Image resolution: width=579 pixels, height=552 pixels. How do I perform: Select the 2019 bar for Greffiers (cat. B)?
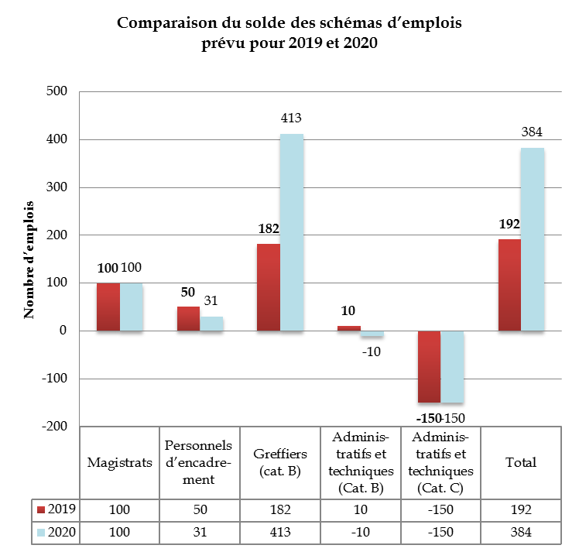pyautogui.click(x=269, y=287)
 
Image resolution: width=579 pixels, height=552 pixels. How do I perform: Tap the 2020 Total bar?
pyautogui.click(x=533, y=239)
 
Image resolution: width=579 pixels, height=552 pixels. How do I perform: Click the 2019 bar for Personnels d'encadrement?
pyautogui.click(x=188, y=319)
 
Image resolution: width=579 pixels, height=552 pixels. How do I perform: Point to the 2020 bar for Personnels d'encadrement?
pyautogui.click(x=211, y=324)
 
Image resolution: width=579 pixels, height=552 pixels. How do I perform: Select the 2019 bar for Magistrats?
pyautogui.click(x=108, y=307)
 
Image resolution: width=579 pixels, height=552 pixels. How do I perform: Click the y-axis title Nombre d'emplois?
pyautogui.click(x=30, y=259)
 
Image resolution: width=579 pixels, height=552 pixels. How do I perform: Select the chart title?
pyautogui.click(x=289, y=33)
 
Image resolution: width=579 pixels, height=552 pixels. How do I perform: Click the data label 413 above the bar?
pyautogui.click(x=291, y=118)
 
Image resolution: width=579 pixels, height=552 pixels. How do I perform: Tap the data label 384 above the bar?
pyautogui.click(x=532, y=132)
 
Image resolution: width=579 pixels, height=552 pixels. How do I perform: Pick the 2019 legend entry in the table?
pyautogui.click(x=56, y=509)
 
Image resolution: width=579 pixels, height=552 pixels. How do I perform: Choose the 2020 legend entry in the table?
pyautogui.click(x=56, y=533)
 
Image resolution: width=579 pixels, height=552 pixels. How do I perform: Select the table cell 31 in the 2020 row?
pyautogui.click(x=199, y=533)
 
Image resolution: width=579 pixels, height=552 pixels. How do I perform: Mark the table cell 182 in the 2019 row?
pyautogui.click(x=279, y=509)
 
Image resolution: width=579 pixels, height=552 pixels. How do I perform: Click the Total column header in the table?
pyautogui.click(x=521, y=463)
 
